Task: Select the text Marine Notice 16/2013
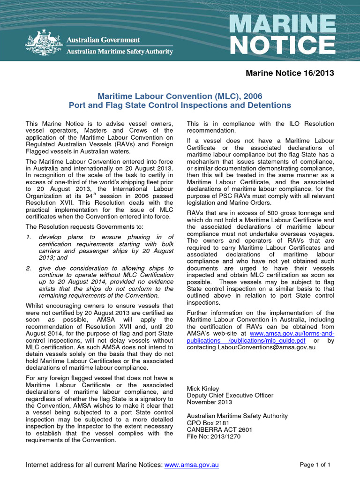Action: (290, 73)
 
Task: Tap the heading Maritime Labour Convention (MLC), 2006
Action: (180, 96)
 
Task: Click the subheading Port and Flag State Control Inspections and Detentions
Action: (180, 105)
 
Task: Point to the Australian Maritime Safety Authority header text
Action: (120, 52)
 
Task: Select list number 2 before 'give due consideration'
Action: (28, 268)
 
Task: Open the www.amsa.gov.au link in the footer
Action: (192, 465)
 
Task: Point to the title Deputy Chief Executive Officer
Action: (230, 395)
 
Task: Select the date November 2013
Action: (209, 402)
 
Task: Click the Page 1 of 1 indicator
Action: (315, 465)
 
